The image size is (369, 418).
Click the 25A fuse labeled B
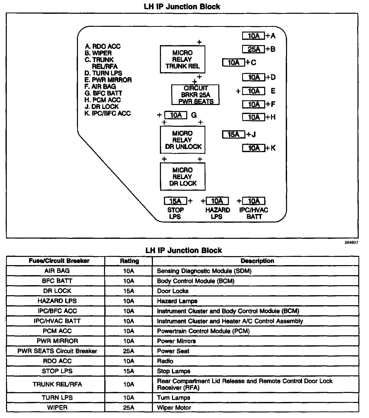point(253,49)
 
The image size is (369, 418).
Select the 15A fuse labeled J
point(233,135)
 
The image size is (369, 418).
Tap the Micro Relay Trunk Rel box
point(182,59)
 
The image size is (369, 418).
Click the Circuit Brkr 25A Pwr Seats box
point(195,95)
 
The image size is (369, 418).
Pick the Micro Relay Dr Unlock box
point(182,140)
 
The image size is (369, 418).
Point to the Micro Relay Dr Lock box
point(182,177)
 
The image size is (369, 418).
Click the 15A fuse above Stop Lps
point(175,201)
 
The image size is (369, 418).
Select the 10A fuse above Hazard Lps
point(217,201)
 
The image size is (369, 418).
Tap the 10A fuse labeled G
point(175,115)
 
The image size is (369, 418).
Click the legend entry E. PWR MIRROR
point(108,80)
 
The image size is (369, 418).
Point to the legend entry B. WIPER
point(98,53)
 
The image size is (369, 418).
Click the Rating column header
point(129,261)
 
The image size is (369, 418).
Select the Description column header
point(257,261)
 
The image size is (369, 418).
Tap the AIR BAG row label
point(57,271)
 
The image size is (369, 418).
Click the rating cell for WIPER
point(129,407)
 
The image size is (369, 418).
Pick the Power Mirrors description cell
point(176,341)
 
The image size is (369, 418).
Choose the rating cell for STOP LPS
point(129,371)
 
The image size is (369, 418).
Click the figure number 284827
point(351,242)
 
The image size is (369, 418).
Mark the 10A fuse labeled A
point(253,36)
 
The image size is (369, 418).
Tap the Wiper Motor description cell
point(174,407)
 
